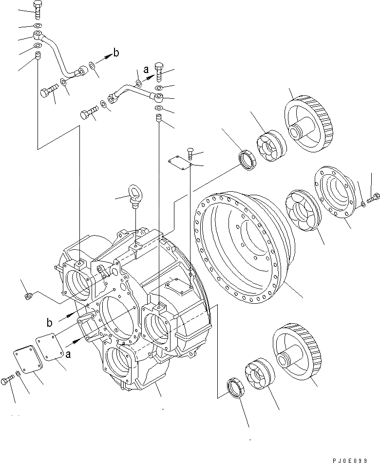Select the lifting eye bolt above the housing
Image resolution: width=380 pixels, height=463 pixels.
click(136, 193)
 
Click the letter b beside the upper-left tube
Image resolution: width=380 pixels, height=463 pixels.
click(115, 53)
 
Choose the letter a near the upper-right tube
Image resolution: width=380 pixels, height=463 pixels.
click(146, 70)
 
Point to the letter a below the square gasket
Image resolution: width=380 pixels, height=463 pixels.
click(68, 355)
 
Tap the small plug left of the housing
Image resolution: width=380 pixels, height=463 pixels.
click(29, 295)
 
